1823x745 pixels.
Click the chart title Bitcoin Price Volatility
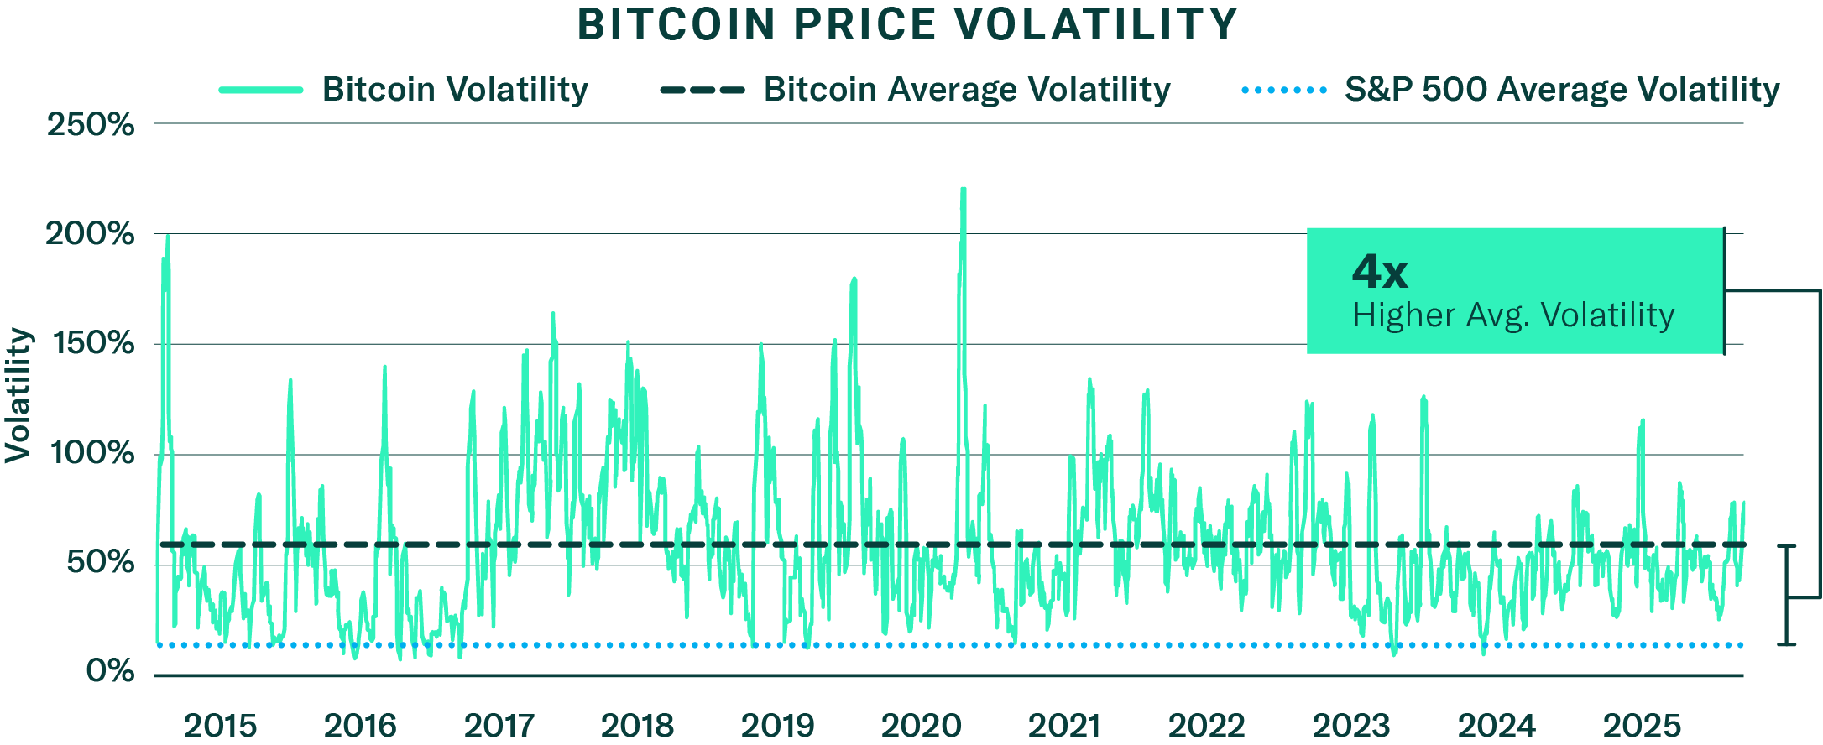907,24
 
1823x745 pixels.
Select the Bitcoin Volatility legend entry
454,89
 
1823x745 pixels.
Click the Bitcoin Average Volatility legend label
966,89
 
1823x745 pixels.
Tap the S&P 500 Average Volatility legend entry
1561,89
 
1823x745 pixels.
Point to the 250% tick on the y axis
91,124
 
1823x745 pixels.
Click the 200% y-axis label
91,233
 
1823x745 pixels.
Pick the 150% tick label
92,343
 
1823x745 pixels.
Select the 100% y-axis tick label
92,453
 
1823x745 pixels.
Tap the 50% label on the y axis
99,562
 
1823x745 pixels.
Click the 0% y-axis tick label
110,671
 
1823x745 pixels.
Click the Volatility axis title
18,394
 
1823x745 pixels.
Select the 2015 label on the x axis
220,725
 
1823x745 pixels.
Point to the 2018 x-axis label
637,725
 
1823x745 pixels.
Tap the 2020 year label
921,725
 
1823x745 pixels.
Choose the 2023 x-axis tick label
1351,725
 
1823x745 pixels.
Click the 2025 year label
1642,725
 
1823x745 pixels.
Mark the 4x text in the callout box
1380,272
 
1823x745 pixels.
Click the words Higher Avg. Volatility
1513,315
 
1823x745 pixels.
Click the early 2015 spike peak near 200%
167,238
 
